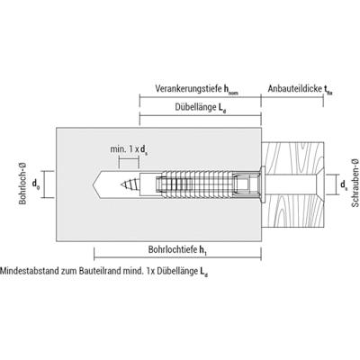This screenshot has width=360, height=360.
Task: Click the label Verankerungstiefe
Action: (x=188, y=89)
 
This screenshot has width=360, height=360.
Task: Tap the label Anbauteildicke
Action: (x=295, y=89)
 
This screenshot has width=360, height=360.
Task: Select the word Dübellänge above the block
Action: (x=195, y=107)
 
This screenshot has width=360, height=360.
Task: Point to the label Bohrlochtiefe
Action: (x=173, y=249)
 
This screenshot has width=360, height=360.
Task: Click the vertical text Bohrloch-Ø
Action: (x=22, y=184)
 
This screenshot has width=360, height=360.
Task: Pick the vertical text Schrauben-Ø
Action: (x=355, y=183)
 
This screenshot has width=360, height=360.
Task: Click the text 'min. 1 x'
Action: (x=125, y=149)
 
